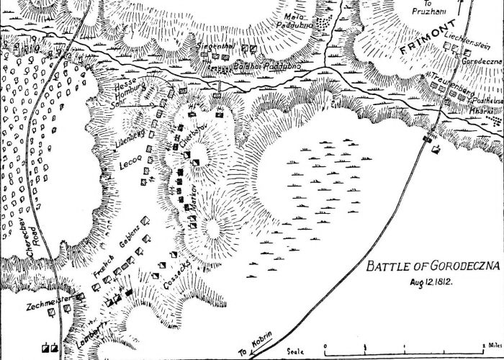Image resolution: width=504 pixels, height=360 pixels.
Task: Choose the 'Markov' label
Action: tap(194, 197)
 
